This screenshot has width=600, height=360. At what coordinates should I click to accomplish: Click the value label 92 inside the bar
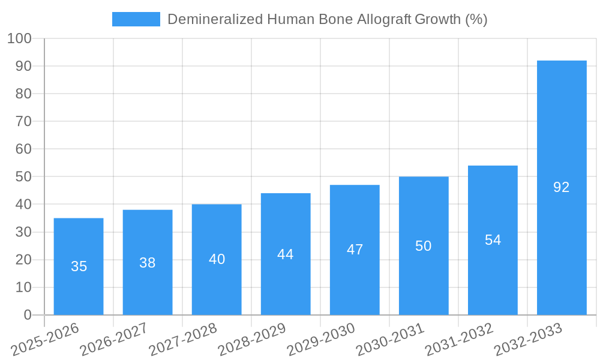pyautogui.click(x=561, y=187)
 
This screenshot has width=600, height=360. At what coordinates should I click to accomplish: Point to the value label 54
pyautogui.click(x=493, y=240)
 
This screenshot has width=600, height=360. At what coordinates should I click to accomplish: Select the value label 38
pyautogui.click(x=148, y=263)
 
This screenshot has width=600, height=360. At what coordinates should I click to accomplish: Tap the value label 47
pyautogui.click(x=355, y=250)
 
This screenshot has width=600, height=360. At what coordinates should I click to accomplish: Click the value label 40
pyautogui.click(x=217, y=259)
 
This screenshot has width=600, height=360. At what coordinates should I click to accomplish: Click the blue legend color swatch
pyautogui.click(x=136, y=19)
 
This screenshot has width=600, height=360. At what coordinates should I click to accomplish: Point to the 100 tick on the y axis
pyautogui.click(x=19, y=38)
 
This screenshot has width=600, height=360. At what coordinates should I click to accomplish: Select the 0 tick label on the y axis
pyautogui.click(x=27, y=315)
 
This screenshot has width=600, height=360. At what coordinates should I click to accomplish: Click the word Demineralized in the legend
pyautogui.click(x=215, y=19)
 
